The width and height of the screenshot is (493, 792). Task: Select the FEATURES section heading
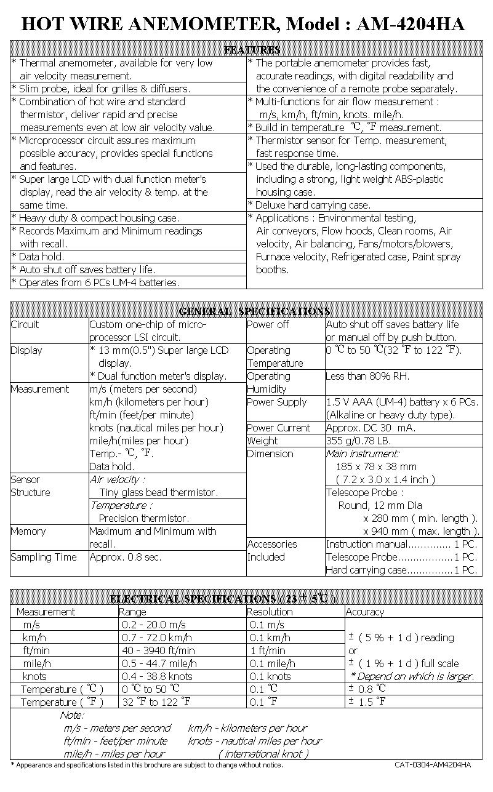252,50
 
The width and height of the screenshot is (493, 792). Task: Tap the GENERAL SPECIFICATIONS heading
254,311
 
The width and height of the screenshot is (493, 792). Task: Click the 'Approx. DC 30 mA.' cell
371,428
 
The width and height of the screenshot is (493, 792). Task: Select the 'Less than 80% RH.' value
367,376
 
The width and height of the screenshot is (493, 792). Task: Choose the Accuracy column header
365,612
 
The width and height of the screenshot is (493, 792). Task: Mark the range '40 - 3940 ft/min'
158,650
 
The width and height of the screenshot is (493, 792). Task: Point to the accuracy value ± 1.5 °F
367,702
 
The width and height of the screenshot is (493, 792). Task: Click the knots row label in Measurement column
34,676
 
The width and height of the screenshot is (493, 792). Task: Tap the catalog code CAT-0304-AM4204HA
433,765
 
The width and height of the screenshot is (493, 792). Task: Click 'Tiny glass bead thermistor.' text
158,492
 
